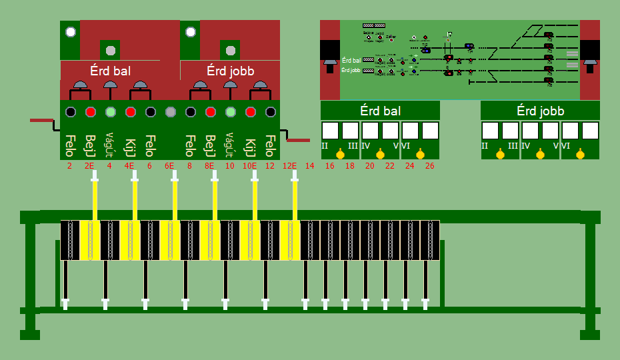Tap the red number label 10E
(250, 166)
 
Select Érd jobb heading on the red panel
(230, 71)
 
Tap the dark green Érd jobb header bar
(540, 111)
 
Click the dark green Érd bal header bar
(380, 111)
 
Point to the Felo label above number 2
(70, 144)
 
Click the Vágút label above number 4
(110, 144)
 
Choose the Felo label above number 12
(270, 144)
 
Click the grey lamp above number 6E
(170, 111)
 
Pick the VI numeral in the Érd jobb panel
(565, 145)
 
